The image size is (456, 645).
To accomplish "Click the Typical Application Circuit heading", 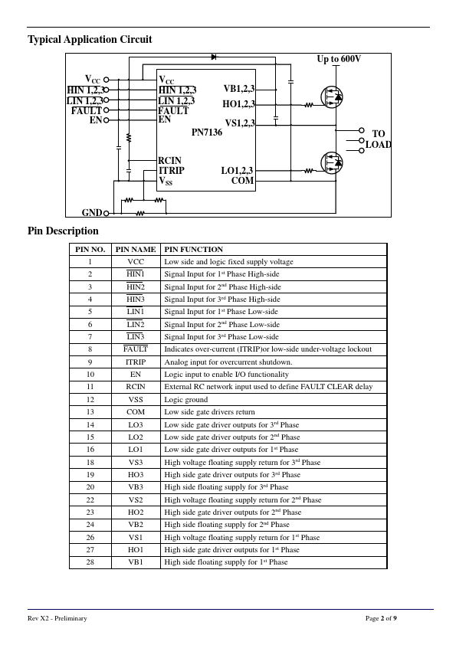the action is coord(90,40).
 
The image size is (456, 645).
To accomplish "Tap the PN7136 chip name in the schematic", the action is coord(207,132).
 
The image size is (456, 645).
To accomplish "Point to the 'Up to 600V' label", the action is coord(339,59).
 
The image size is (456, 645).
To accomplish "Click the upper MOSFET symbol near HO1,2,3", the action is coord(332,97).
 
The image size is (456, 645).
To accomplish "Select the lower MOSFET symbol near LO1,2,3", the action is coord(332,162).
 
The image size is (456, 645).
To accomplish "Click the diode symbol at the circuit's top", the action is coord(214,57).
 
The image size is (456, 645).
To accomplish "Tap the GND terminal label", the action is coord(92,213).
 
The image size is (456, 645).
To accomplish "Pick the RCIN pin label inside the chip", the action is coord(169,160).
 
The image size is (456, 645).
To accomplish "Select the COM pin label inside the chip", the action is coord(242,181).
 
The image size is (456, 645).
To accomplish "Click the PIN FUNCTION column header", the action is coord(193,249).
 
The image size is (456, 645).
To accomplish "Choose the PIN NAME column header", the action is coord(136,249).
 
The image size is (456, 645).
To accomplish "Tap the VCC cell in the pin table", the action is coord(136,262).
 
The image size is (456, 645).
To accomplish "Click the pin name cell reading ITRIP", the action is coord(136,362).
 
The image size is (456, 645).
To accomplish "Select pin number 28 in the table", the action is coord(90,562).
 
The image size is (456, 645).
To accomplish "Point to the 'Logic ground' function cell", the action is coord(186,399).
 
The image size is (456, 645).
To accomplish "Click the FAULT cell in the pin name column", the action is coord(136,349).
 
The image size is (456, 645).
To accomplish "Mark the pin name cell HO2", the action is coord(136,512).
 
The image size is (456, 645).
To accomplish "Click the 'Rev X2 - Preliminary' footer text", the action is coord(57,618).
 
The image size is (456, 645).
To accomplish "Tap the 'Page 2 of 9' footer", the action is coord(381,618).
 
